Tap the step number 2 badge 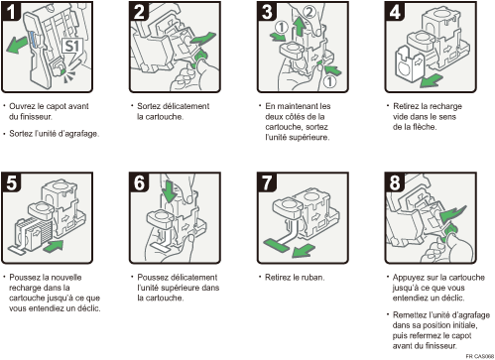click(140, 12)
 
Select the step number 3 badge click(266, 12)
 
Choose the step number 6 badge click(140, 182)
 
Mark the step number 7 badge click(266, 182)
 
